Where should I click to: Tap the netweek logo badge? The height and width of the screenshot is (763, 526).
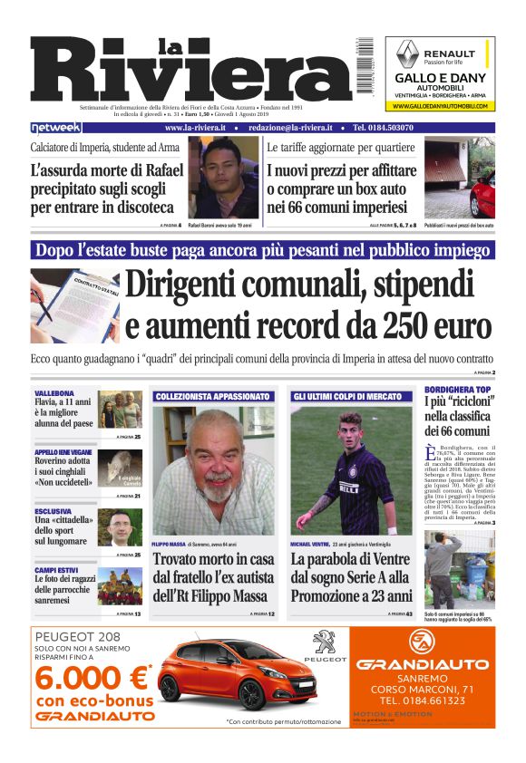point(56,128)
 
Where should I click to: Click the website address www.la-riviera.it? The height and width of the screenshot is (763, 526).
point(195,128)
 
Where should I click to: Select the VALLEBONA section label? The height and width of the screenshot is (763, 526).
point(54,393)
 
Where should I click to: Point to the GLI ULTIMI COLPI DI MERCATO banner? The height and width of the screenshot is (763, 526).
point(347,396)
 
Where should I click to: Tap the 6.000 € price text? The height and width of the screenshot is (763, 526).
point(91,678)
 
